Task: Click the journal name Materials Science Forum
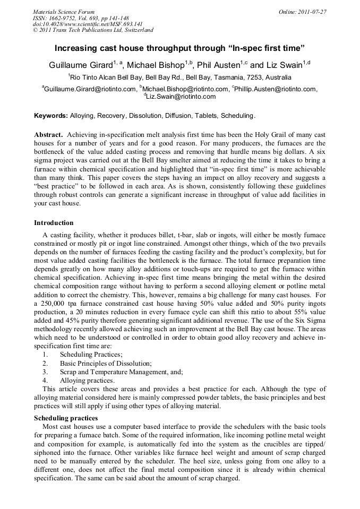click(x=64, y=11)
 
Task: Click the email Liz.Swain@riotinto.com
click(x=181, y=97)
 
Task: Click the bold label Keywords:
click(x=51, y=116)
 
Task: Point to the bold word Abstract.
click(x=48, y=135)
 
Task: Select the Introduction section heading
click(x=54, y=222)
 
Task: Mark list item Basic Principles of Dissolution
click(x=106, y=364)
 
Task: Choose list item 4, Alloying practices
click(x=87, y=381)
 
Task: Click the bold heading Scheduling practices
click(x=66, y=419)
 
